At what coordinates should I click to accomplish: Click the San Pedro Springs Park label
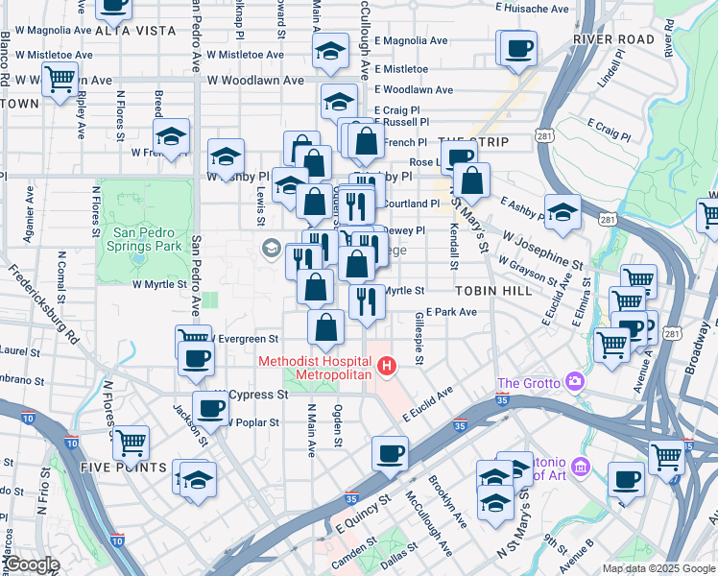pos(147,239)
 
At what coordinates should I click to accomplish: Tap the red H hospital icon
pos(387,366)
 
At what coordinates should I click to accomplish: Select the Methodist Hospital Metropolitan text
pos(314,367)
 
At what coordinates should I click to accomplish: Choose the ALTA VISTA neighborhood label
pos(135,31)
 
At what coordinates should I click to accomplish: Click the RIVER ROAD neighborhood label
pos(612,39)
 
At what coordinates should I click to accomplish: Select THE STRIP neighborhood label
pos(472,142)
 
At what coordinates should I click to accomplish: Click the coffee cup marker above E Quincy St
pos(389,454)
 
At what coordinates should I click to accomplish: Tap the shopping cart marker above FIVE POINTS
pos(131,443)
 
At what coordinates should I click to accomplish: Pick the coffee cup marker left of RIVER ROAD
pos(518,47)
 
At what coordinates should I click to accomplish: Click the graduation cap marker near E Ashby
pos(562,211)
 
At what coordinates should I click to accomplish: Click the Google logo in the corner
pos(32,565)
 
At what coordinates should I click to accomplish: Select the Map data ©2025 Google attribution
pos(658,568)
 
